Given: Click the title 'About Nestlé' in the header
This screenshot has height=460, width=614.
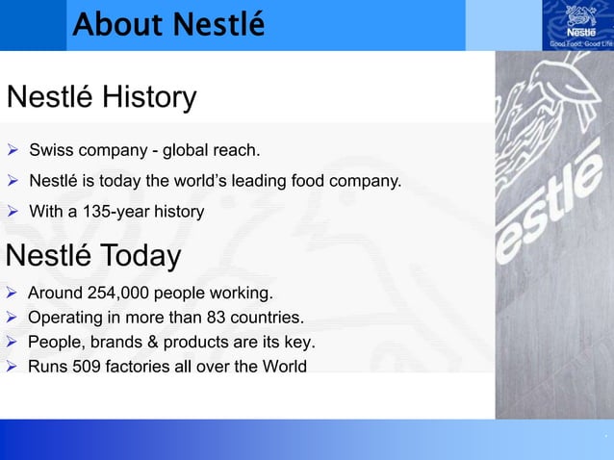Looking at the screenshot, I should pyautogui.click(x=168, y=25).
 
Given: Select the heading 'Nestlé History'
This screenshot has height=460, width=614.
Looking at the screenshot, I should pyautogui.click(x=101, y=98).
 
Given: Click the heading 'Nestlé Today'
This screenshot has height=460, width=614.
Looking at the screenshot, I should pyautogui.click(x=93, y=257).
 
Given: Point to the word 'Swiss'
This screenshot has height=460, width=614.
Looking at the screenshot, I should pyautogui.click(x=49, y=151).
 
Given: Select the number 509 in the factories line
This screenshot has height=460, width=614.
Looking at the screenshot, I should pyautogui.click(x=84, y=366).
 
